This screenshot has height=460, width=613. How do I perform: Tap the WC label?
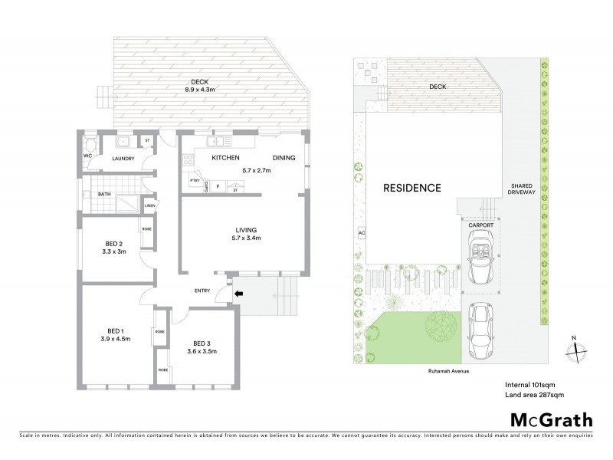(88, 156)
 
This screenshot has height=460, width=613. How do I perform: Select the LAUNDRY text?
(123, 159)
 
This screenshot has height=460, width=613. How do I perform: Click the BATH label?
(104, 195)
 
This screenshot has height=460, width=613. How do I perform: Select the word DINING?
(284, 158)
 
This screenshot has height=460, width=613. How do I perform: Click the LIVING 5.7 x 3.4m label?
(246, 235)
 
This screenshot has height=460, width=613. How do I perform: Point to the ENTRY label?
(202, 290)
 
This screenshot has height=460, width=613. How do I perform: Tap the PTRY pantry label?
(195, 181)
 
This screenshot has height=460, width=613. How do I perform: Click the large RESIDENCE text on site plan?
(412, 188)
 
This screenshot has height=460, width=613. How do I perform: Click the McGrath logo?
(551, 419)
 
